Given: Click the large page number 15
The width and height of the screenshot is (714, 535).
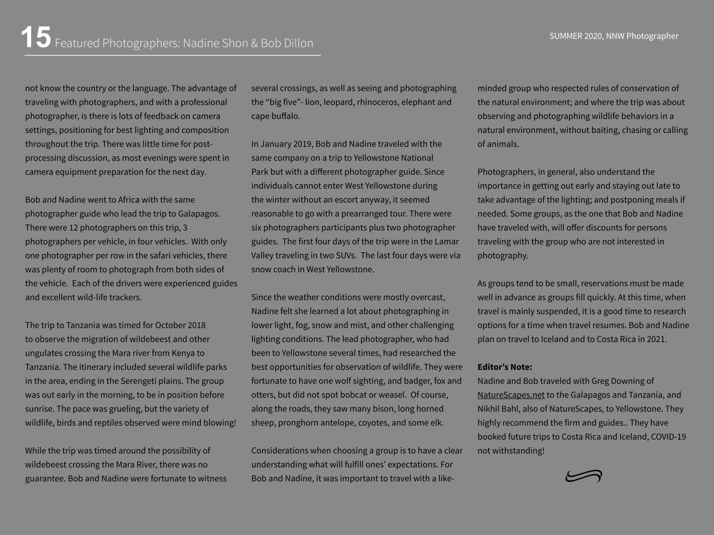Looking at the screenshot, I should [x=36, y=38].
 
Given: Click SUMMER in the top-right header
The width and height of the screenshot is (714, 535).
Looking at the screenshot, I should [x=565, y=36].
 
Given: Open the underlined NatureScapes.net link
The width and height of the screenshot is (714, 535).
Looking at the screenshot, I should [x=511, y=395].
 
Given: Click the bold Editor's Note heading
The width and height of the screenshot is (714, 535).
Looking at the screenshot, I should [x=505, y=367].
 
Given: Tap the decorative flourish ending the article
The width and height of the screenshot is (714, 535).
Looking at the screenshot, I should [x=583, y=476].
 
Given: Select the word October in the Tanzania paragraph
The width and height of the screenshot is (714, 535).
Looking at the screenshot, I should [x=171, y=325].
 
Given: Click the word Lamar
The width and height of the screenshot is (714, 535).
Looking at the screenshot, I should [x=447, y=241].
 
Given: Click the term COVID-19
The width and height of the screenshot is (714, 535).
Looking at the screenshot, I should [x=668, y=437].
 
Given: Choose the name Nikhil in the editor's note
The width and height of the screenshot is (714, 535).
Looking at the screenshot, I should [x=490, y=409].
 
